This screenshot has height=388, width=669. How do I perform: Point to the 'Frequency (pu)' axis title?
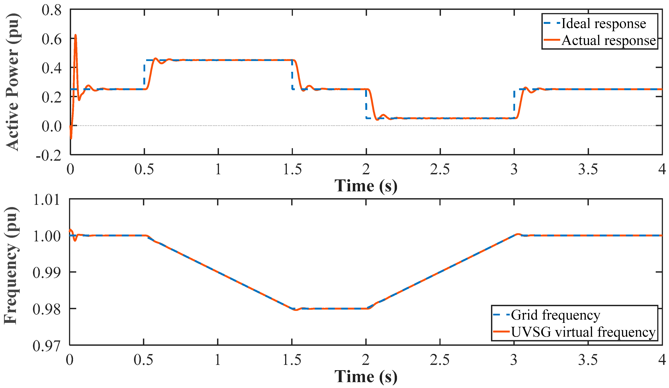point(12,266)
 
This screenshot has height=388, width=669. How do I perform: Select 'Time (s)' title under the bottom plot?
point(366,376)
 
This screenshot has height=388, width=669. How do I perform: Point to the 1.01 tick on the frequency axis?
point(47,199)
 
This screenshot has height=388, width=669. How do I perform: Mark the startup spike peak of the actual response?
point(76,35)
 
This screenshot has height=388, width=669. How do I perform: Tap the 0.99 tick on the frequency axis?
point(47,273)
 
